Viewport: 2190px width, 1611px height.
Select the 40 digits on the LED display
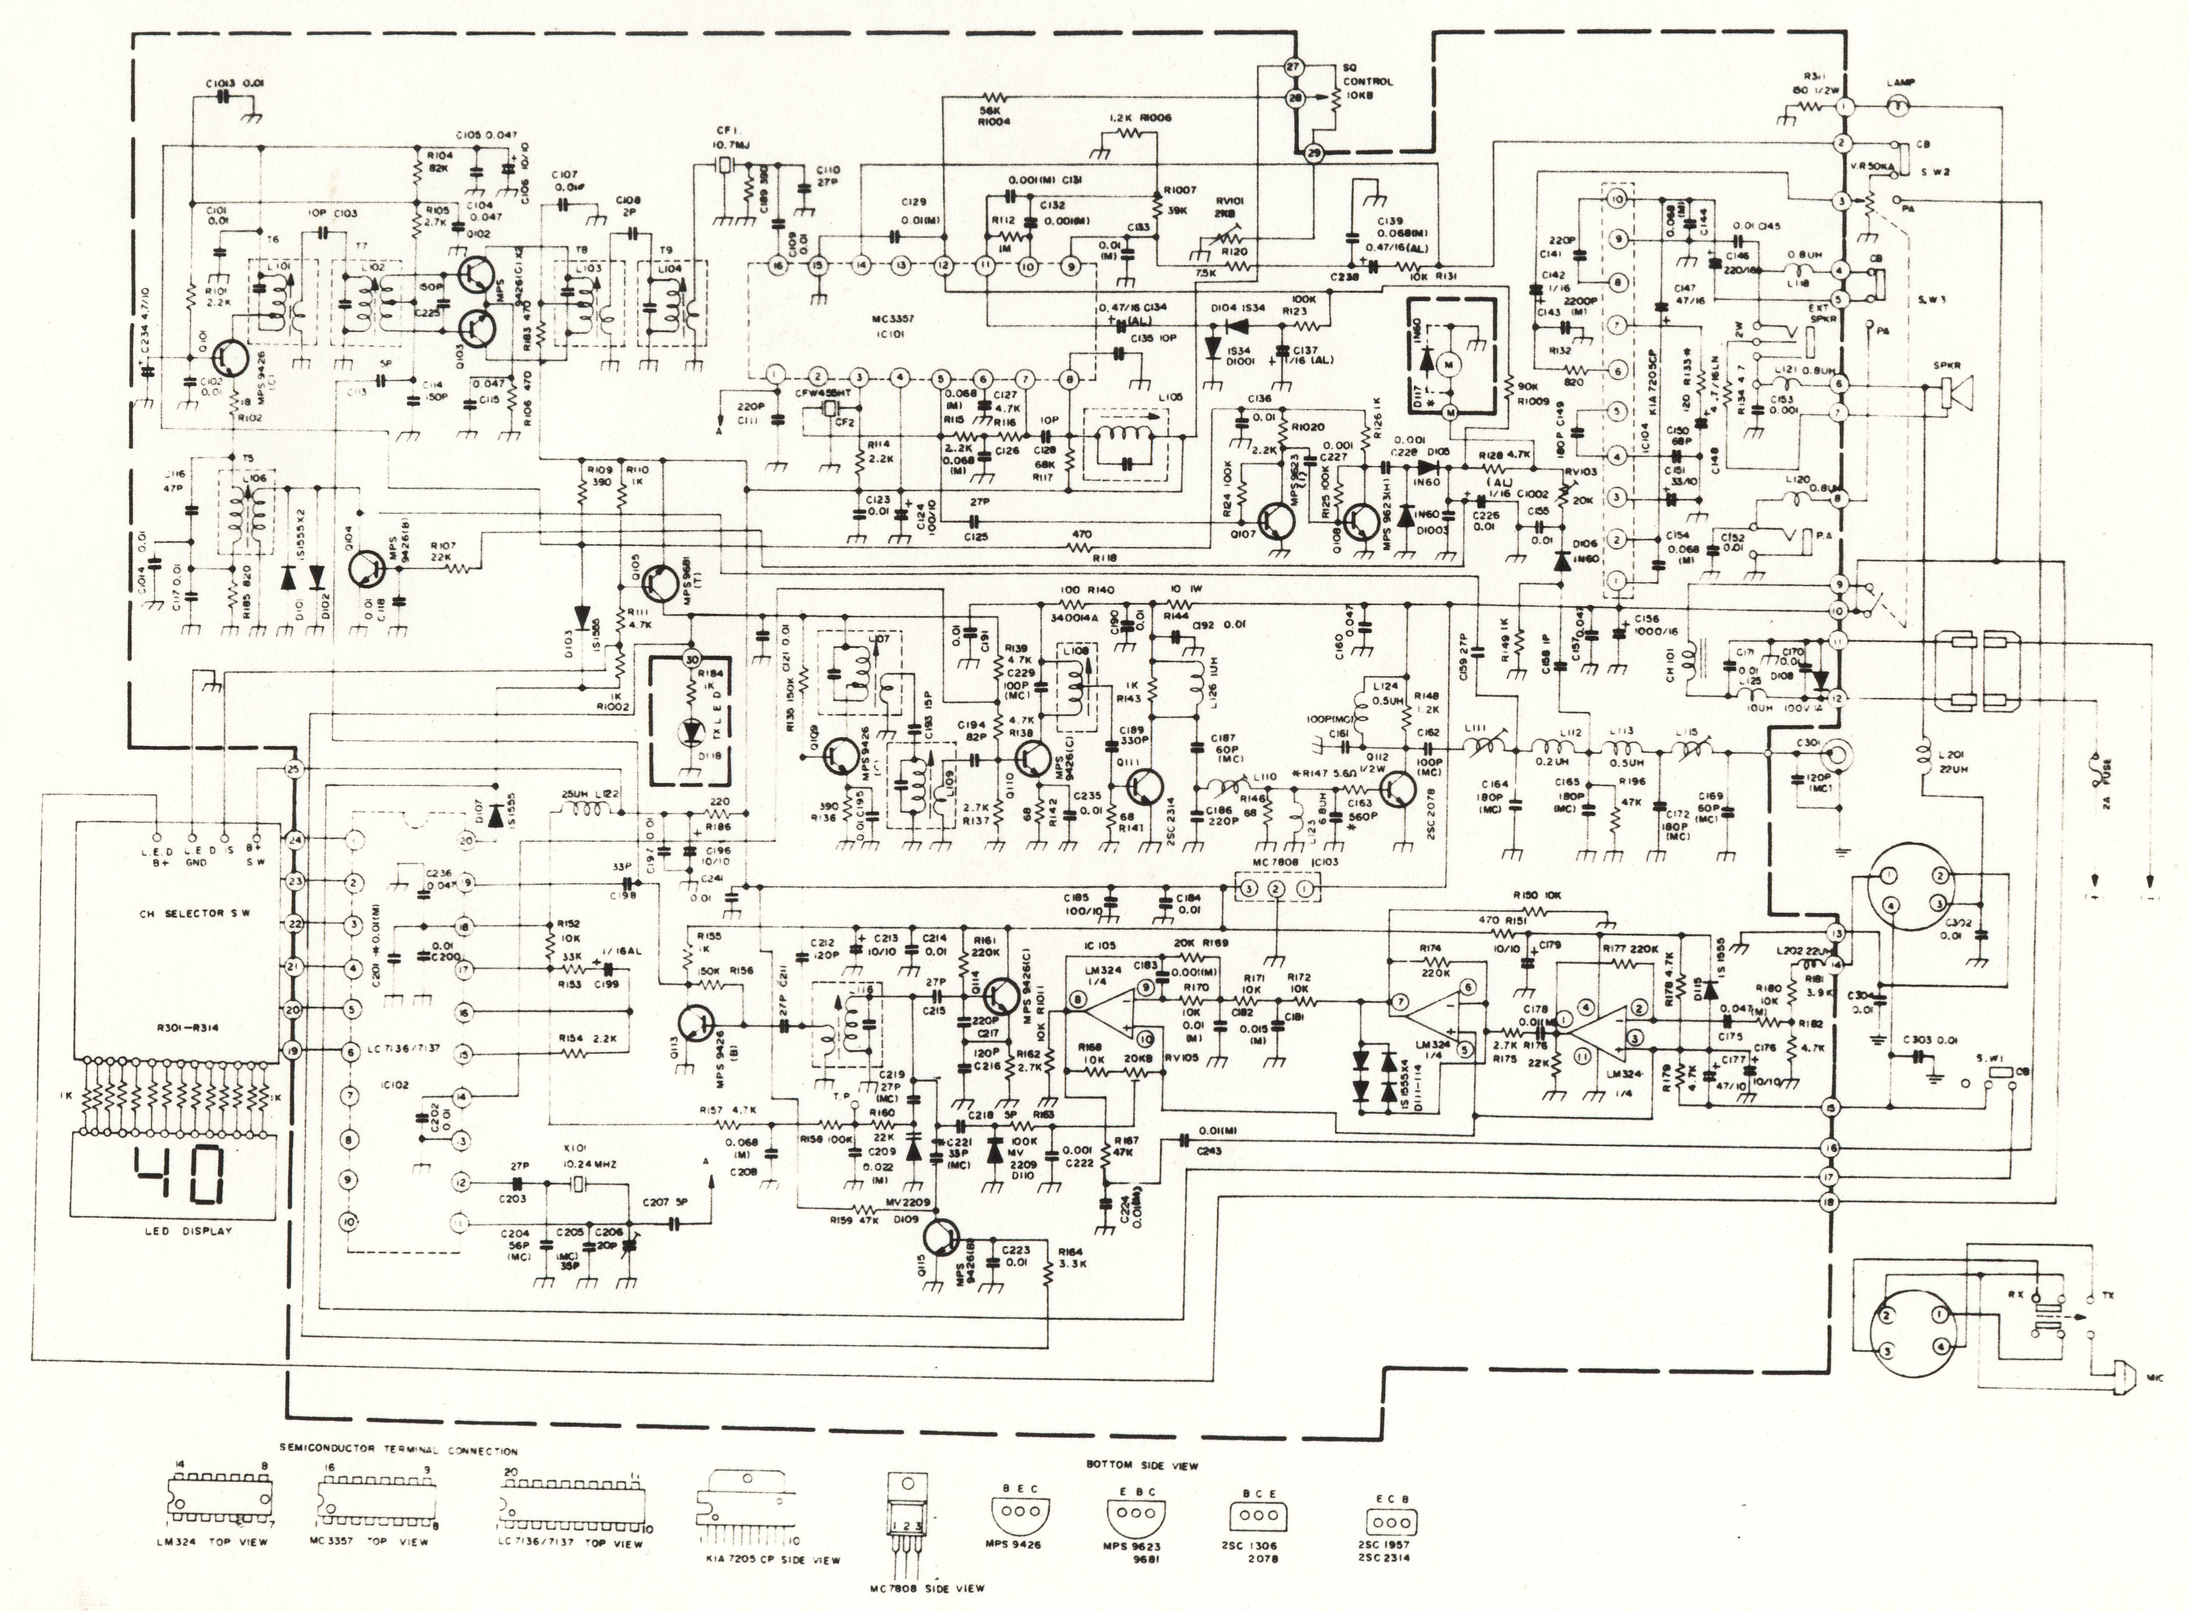(x=183, y=1180)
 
